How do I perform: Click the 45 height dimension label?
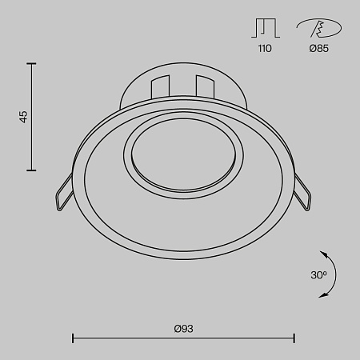(x=23, y=117)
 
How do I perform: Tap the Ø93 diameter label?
(x=184, y=329)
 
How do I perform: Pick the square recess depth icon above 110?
(x=264, y=29)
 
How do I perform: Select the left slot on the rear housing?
(x=159, y=89)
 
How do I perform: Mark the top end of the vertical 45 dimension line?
(x=32, y=63)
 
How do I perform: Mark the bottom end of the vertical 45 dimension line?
(x=32, y=170)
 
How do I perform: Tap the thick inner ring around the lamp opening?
(x=127, y=156)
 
